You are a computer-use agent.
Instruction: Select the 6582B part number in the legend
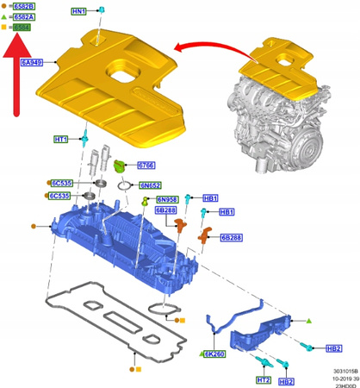[25, 7]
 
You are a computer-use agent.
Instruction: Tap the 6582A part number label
[25, 17]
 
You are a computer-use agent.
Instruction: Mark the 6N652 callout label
[151, 185]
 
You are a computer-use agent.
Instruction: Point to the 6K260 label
[213, 354]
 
